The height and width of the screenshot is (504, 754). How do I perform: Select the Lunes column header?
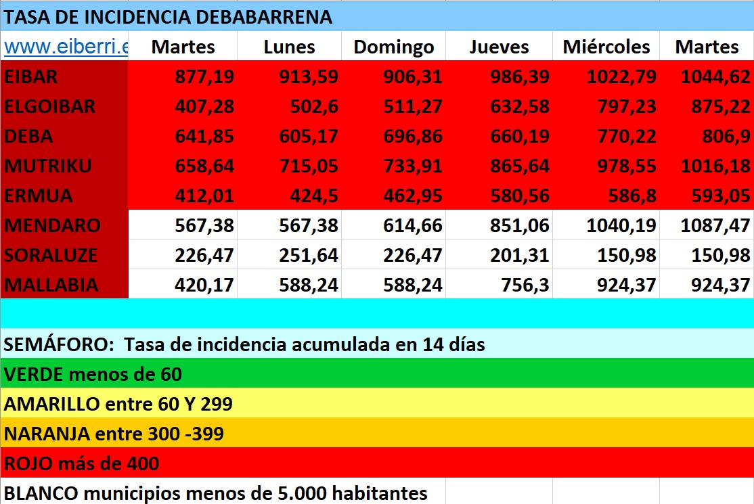point(289,47)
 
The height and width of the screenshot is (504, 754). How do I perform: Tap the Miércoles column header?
point(606,47)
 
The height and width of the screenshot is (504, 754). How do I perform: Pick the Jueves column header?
point(499,47)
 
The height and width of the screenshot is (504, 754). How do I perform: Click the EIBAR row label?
point(31,76)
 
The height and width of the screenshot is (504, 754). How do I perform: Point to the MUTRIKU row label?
point(48,166)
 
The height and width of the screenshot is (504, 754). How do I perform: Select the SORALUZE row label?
point(51,255)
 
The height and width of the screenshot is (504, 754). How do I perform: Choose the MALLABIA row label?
point(51,285)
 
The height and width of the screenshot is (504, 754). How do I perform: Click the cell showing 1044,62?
point(715,76)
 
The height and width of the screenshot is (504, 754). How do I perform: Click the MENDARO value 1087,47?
point(715,225)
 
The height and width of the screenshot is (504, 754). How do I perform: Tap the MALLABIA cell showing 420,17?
point(204,285)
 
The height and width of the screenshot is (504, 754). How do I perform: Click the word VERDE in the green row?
point(33,373)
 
